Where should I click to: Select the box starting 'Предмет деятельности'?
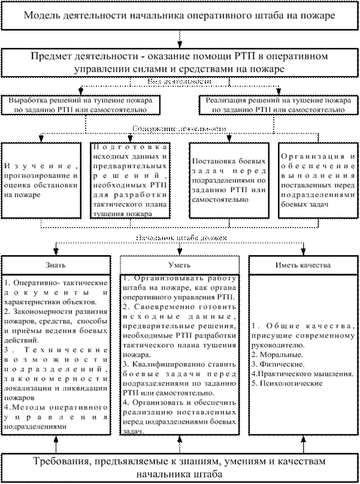pos(180,62)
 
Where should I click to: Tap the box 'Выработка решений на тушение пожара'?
pos(83,105)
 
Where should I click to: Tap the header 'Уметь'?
pos(180,264)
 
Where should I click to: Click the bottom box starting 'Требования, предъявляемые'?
pos(180,467)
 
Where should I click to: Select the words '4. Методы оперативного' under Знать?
pos(57,407)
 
